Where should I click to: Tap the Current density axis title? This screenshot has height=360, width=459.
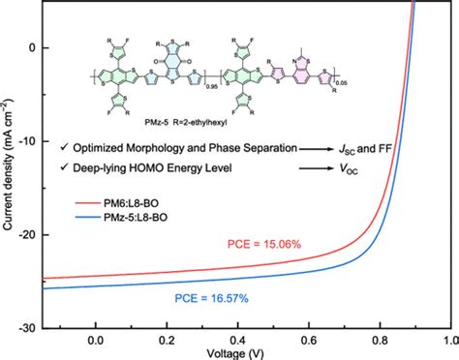[x=8, y=165]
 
